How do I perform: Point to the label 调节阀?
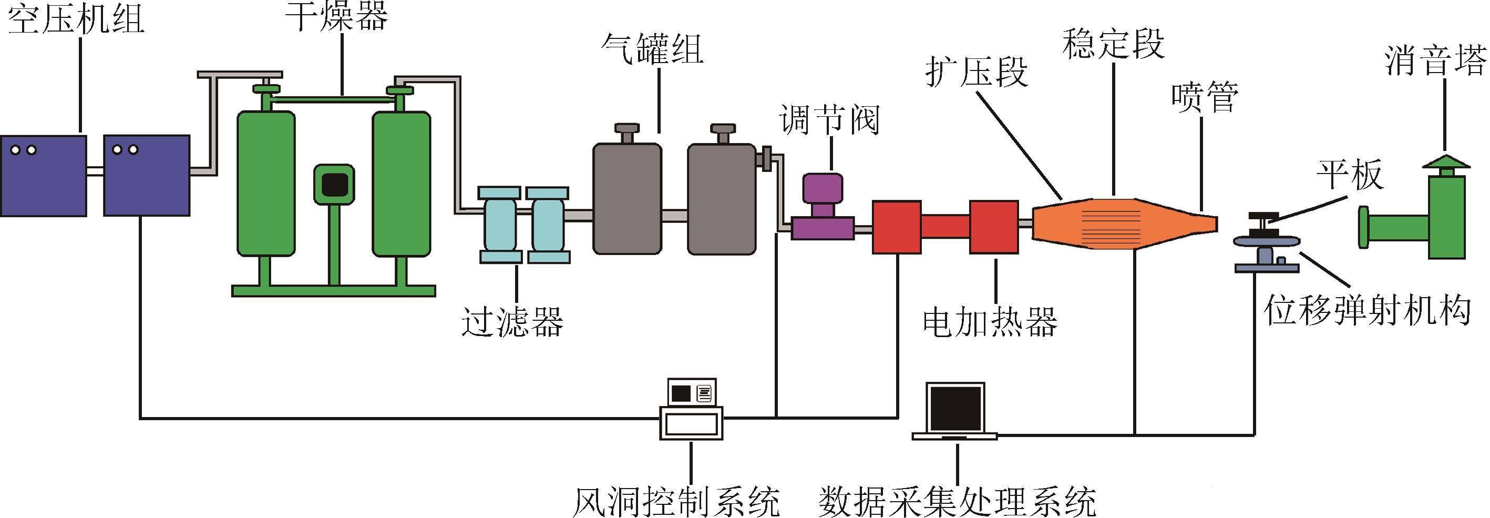tap(829, 120)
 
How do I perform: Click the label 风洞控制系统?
tap(675, 500)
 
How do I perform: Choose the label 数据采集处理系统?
tap(957, 500)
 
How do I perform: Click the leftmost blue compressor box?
tap(44, 175)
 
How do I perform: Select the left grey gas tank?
tap(626, 198)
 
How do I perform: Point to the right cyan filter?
tap(547, 224)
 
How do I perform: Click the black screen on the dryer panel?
tap(333, 184)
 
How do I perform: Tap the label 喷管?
tap(1204, 98)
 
